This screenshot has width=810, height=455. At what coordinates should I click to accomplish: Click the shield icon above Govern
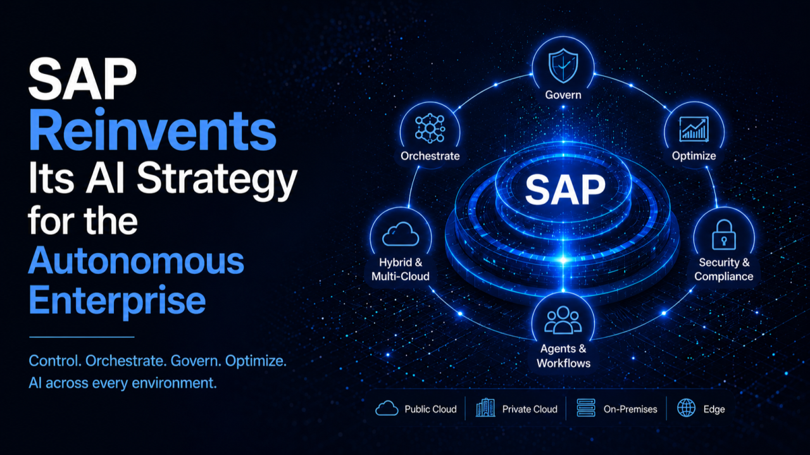(563, 66)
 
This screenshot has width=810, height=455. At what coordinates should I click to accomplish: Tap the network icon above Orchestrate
(430, 128)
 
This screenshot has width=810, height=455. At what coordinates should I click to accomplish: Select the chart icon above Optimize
(694, 129)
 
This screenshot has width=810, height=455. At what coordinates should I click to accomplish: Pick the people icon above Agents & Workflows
(563, 320)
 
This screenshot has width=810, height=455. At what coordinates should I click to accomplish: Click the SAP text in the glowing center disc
(565, 190)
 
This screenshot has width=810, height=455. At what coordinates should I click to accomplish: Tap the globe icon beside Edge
(687, 408)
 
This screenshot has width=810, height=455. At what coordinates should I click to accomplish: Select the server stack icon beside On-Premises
(586, 408)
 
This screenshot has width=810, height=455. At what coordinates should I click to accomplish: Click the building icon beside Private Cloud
(485, 408)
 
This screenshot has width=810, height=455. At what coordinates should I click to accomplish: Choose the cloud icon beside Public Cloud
(387, 408)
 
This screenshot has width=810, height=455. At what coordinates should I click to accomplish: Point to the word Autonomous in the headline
(136, 260)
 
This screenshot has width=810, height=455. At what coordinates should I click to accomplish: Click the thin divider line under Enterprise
(82, 337)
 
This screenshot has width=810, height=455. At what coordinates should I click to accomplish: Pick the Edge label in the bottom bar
(714, 409)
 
